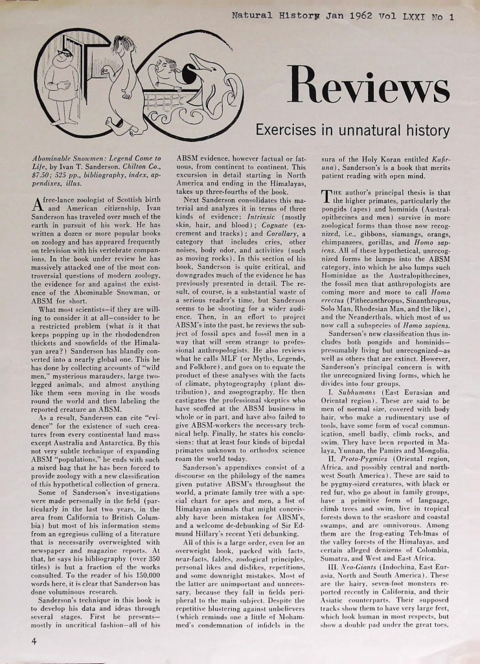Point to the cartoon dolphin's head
click(206, 64)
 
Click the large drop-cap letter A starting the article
click(37, 206)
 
